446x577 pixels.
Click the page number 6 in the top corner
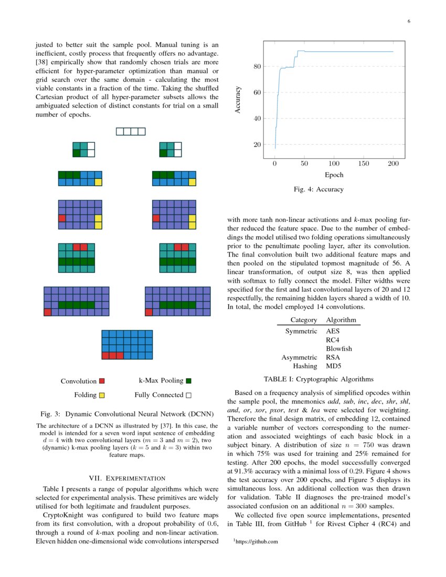click(x=408, y=22)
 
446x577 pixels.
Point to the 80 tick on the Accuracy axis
click(x=257, y=67)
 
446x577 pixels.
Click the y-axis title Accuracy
click(x=238, y=100)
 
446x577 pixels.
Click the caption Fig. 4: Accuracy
click(x=318, y=189)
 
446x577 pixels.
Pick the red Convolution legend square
click(x=102, y=381)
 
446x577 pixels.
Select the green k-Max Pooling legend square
click(x=188, y=381)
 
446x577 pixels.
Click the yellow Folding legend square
click(x=102, y=395)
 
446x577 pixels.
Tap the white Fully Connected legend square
click(x=188, y=395)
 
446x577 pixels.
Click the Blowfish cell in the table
click(x=338, y=348)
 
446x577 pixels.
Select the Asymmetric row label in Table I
click(x=299, y=357)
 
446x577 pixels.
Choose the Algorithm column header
click(x=341, y=320)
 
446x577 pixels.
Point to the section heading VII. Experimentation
click(x=128, y=478)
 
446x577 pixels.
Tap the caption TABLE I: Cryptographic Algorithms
click(x=318, y=379)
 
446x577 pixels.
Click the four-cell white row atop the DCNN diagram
click(x=131, y=132)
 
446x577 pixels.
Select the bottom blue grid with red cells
click(x=127, y=345)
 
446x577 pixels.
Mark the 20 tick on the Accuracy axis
click(x=257, y=144)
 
